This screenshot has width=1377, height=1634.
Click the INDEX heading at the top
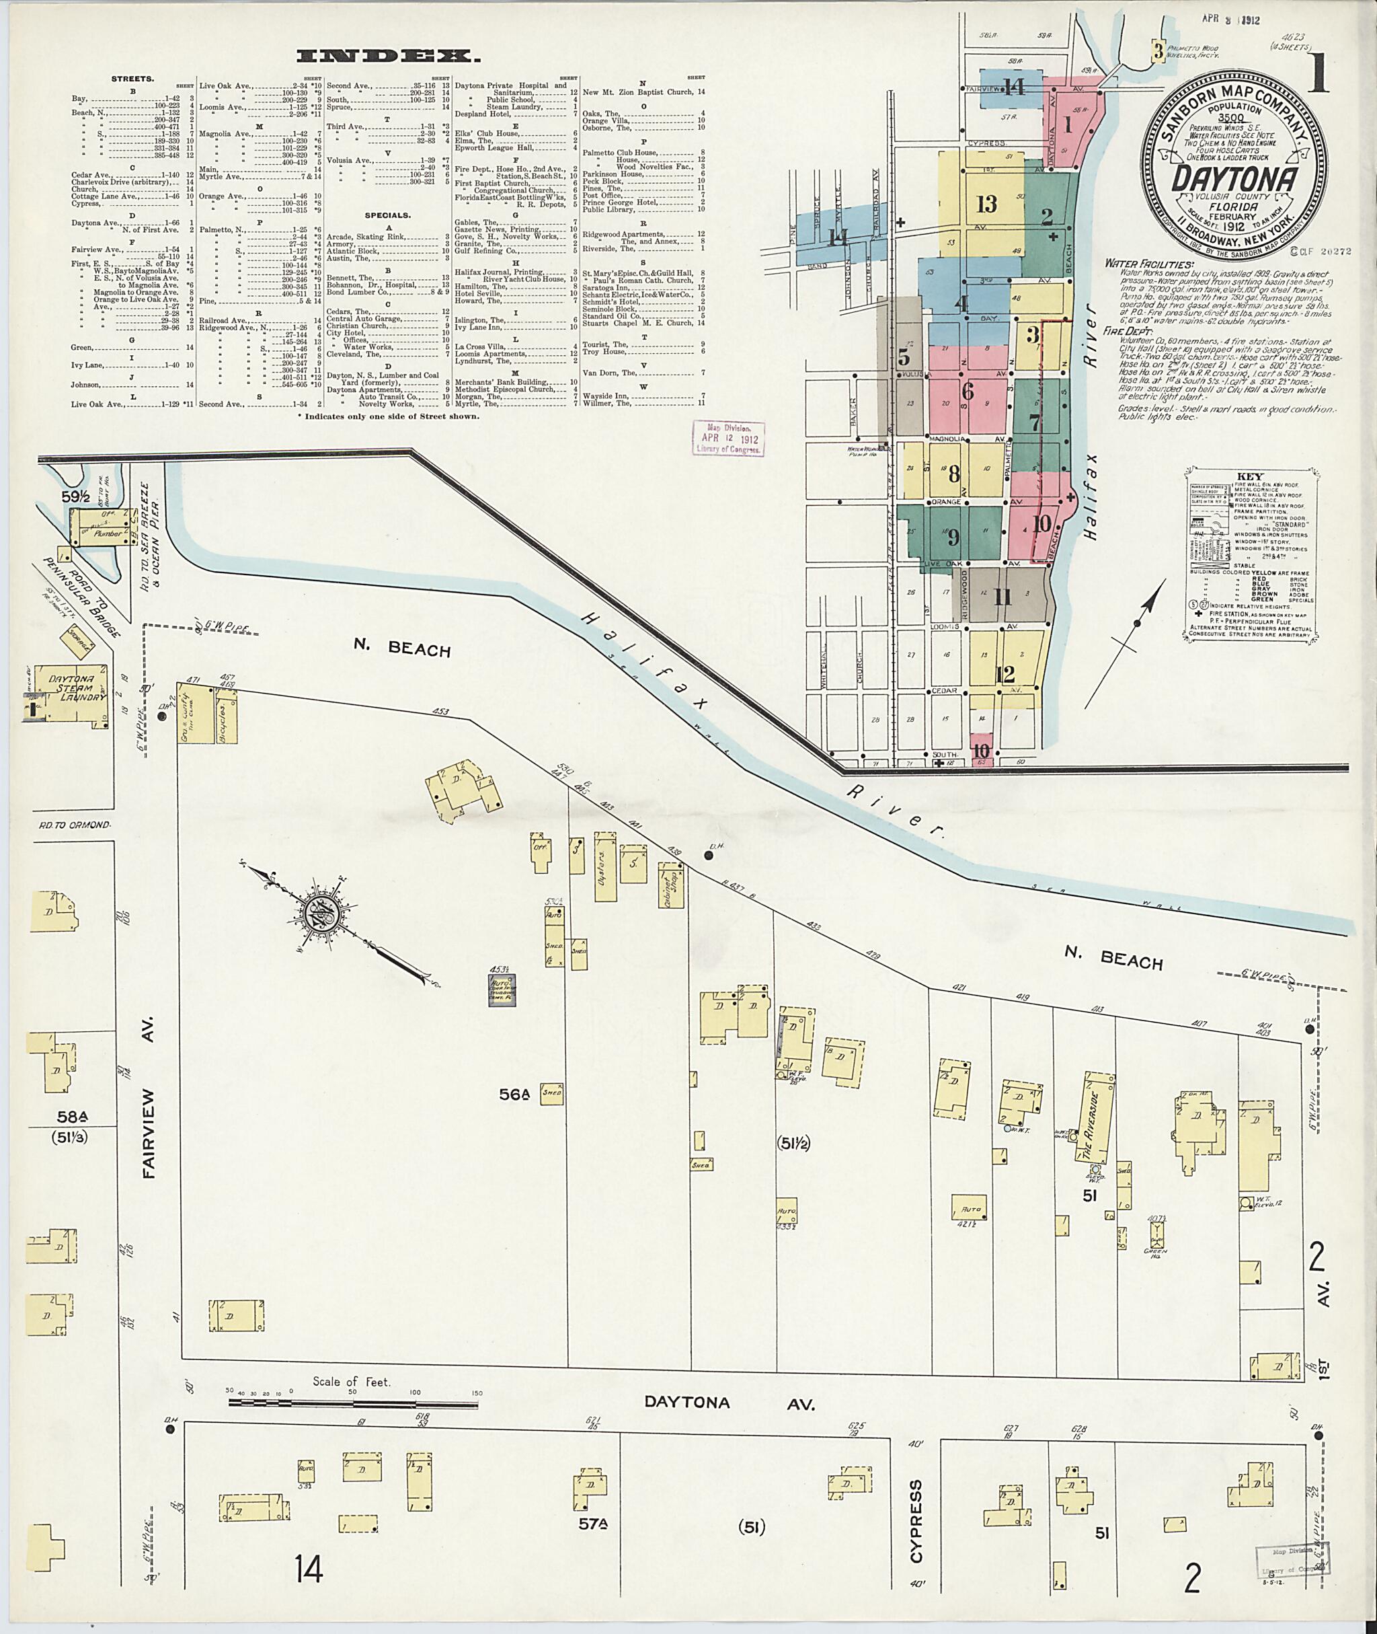click(388, 57)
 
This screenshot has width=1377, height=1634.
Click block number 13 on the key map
click(987, 205)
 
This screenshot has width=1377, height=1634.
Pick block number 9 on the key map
click(953, 537)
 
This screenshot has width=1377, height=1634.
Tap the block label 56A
click(514, 1096)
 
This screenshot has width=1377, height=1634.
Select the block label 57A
click(592, 1524)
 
